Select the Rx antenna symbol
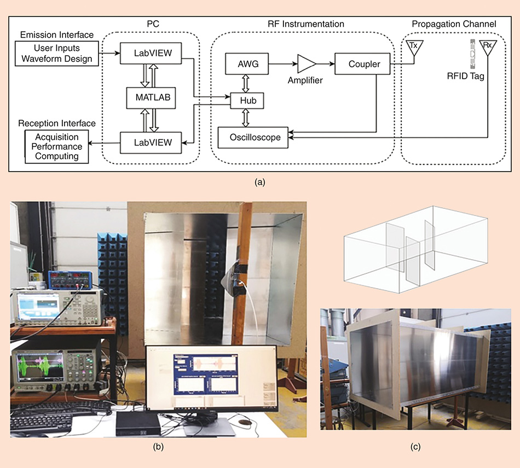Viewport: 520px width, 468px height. [487, 48]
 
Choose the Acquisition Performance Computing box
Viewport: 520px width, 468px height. [57, 147]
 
